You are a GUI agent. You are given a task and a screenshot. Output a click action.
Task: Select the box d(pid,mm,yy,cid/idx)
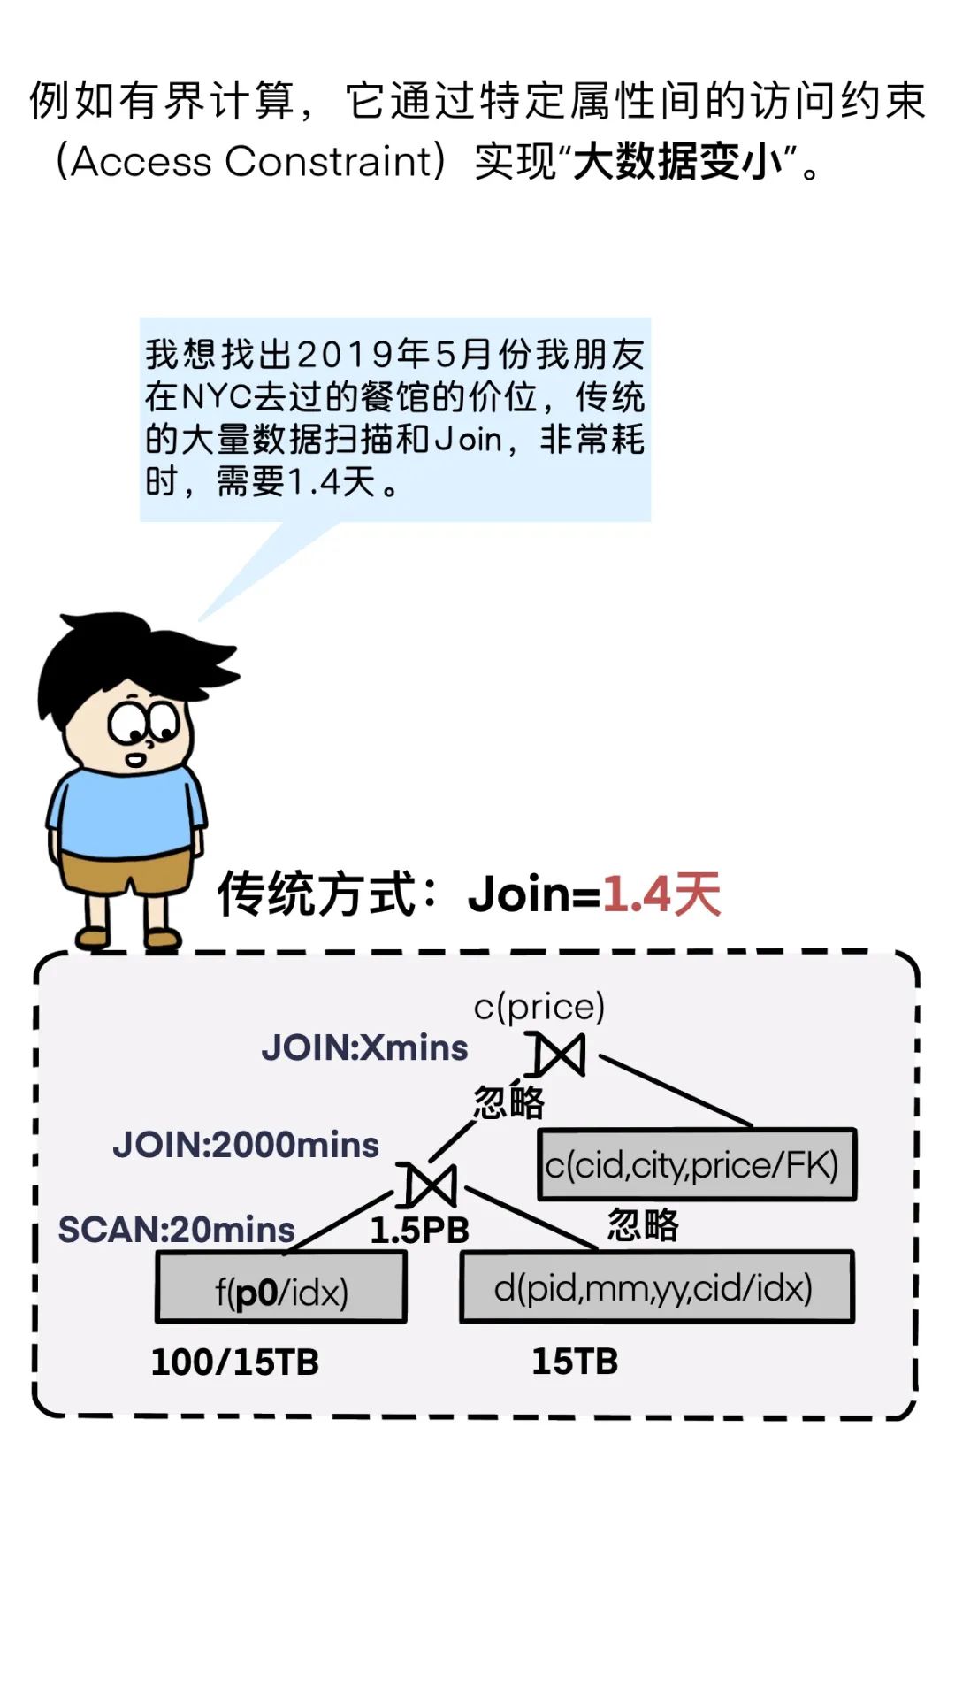656,1287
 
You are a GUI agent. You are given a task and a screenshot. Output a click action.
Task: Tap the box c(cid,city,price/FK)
697,1164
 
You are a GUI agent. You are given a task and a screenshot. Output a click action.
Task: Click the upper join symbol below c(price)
560,1054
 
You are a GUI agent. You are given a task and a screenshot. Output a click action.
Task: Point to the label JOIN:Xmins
364,1048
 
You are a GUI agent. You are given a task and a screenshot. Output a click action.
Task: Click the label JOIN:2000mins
246,1145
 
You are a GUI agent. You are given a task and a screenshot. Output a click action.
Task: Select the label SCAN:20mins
177,1230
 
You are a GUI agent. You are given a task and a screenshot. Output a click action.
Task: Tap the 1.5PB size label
419,1231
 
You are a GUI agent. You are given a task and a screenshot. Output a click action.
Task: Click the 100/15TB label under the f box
235,1362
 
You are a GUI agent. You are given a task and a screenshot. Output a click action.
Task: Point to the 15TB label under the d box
575,1362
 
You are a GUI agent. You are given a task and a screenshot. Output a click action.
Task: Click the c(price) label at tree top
539,1007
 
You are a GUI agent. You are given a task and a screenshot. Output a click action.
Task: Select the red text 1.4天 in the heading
661,894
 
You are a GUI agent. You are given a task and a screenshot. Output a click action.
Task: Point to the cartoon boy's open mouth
134,759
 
